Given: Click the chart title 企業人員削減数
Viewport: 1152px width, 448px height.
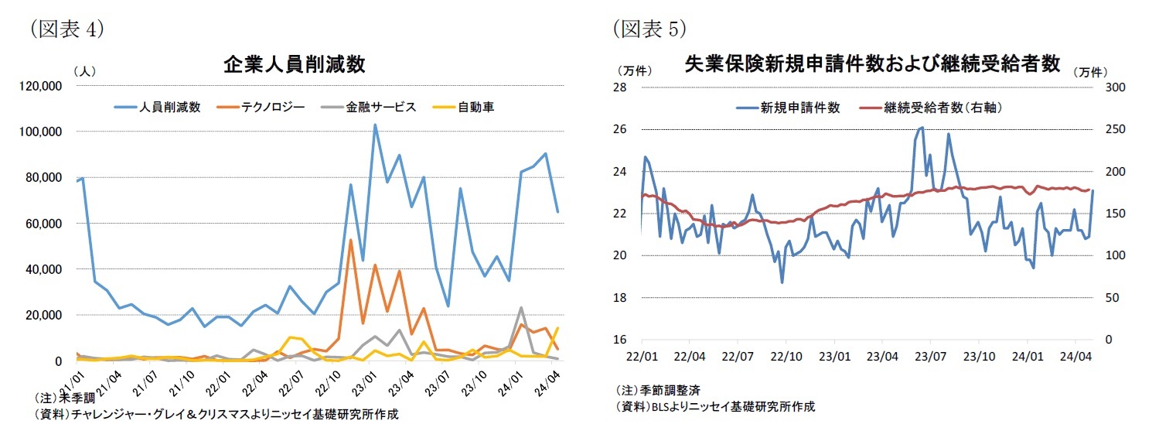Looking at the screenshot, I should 294,64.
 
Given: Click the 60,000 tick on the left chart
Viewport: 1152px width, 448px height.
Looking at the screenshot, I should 43,224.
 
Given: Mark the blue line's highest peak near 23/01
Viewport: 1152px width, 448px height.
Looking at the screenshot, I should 375,125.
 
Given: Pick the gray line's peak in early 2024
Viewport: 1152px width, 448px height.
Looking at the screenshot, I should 521,308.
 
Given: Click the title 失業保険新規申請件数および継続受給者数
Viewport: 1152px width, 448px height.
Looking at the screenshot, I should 872,64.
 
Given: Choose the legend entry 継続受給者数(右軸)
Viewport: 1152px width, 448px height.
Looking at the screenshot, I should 942,108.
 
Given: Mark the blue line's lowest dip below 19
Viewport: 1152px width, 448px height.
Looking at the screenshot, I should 782,282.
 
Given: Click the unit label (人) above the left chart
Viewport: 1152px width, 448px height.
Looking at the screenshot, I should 84,70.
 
